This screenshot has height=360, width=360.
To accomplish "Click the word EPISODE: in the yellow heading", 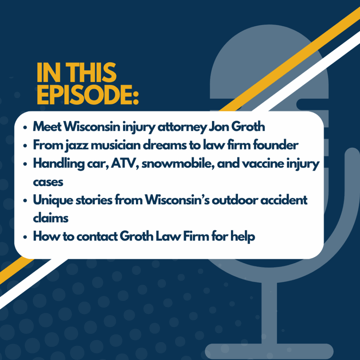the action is [x=88, y=95].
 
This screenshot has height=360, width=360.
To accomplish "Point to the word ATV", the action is [x=124, y=163].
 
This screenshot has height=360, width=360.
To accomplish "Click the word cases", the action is [x=48, y=182].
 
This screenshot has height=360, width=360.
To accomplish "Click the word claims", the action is [x=51, y=218].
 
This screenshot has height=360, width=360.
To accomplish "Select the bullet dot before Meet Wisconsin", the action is [x=25, y=127].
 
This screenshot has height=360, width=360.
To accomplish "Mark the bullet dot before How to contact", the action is [x=25, y=237].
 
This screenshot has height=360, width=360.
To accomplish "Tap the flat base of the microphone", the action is [x=269, y=352].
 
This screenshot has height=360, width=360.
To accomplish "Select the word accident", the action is [x=284, y=200].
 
